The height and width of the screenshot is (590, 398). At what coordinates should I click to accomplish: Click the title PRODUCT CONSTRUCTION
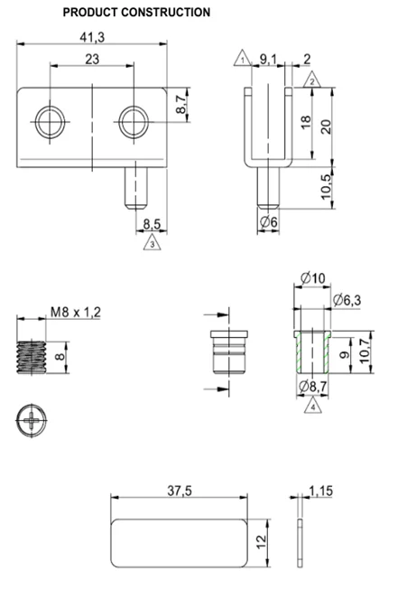(x=136, y=12)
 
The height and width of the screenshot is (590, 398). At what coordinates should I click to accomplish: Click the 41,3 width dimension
(x=92, y=37)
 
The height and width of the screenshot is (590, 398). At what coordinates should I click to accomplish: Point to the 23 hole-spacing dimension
(x=92, y=59)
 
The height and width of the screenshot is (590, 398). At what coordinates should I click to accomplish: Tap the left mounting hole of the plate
(x=50, y=122)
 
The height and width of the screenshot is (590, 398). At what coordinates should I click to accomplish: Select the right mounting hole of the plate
(x=134, y=122)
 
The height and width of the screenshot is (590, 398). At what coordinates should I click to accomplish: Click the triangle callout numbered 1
(x=243, y=59)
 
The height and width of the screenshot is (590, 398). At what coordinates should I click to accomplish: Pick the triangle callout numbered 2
(x=312, y=80)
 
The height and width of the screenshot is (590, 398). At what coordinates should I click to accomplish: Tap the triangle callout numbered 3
(x=152, y=242)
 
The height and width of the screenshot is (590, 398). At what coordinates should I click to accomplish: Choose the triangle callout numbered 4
(x=313, y=406)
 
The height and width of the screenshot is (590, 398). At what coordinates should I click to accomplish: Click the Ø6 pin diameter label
(x=269, y=222)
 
